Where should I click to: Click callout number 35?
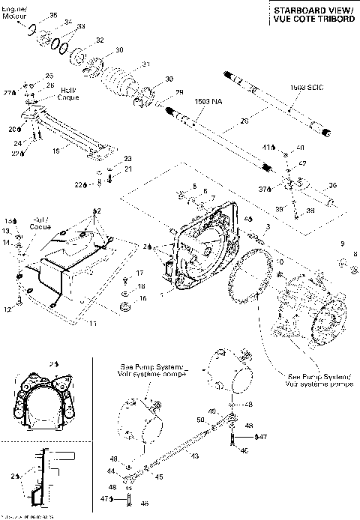point(53,15)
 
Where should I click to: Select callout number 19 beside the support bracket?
point(55,150)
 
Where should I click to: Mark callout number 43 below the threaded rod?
point(195,456)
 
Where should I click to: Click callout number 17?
point(139,273)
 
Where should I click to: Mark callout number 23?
point(128,159)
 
